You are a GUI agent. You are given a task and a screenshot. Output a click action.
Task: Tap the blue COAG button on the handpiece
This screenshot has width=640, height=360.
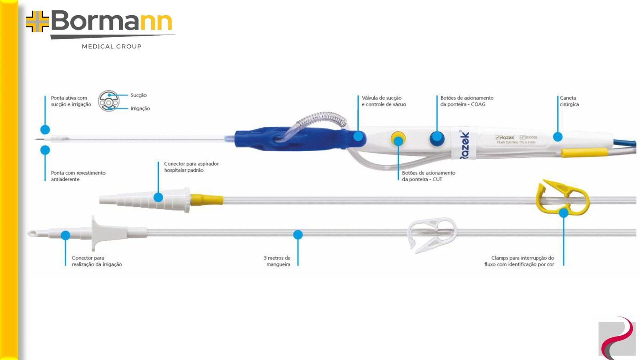pyautogui.click(x=436, y=138)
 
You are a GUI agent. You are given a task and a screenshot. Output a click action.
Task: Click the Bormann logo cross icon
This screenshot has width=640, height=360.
pyautogui.click(x=37, y=21)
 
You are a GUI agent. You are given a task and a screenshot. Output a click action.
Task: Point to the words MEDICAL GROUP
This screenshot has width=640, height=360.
pyautogui.click(x=112, y=46)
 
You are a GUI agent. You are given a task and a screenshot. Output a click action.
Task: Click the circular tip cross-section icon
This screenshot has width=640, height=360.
pyautogui.click(x=109, y=101)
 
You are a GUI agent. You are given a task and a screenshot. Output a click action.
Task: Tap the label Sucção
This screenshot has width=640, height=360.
pyautogui.click(x=138, y=95)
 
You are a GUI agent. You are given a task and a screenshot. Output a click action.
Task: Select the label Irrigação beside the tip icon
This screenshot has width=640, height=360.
pyautogui.click(x=140, y=108)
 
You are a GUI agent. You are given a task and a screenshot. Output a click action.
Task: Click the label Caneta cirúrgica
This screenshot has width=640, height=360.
pyautogui.click(x=569, y=101)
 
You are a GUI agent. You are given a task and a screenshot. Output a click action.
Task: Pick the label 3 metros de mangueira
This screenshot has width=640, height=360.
pyautogui.click(x=277, y=261)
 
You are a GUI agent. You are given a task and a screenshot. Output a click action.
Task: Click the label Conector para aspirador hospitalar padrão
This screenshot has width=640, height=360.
pyautogui.click(x=191, y=167)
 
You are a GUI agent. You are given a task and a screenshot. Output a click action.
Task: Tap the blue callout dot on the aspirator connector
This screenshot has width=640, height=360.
pyautogui.click(x=158, y=197)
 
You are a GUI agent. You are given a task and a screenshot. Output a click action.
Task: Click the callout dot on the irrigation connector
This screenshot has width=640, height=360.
pyautogui.click(x=66, y=235)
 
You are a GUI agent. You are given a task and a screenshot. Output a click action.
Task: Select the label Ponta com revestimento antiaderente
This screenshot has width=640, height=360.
pyautogui.click(x=78, y=176)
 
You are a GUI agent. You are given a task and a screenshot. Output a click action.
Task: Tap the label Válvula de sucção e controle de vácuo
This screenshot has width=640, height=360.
pyautogui.click(x=384, y=101)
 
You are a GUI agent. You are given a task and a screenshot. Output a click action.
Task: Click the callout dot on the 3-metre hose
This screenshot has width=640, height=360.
pyautogui.click(x=298, y=235)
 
